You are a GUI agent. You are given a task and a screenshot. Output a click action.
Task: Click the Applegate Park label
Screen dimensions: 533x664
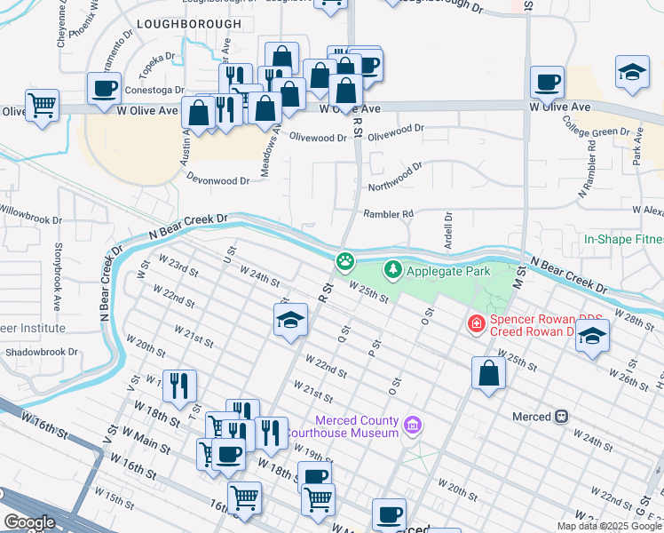point(441,267)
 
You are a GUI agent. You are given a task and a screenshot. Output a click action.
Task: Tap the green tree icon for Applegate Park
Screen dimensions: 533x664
point(391,267)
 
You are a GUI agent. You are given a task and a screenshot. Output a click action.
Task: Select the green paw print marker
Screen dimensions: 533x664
point(344,262)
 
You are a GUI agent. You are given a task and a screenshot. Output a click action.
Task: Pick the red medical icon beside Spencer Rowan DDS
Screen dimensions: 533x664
point(477,324)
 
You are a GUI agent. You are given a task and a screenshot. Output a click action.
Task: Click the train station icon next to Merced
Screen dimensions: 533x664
point(561,416)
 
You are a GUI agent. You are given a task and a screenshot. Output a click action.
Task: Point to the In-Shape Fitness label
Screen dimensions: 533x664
point(623,239)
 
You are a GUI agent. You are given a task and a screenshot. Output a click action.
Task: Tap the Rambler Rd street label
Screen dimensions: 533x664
point(388,214)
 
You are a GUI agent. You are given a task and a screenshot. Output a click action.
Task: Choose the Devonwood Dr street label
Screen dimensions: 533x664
point(217,179)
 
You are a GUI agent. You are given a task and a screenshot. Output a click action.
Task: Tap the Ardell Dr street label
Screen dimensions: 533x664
point(448,229)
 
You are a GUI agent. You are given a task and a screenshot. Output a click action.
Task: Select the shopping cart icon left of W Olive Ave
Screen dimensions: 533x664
point(42,106)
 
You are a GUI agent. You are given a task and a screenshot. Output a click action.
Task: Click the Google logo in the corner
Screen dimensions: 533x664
point(28,521)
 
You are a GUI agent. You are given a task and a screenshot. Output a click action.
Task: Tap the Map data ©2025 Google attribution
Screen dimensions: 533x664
point(609,526)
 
